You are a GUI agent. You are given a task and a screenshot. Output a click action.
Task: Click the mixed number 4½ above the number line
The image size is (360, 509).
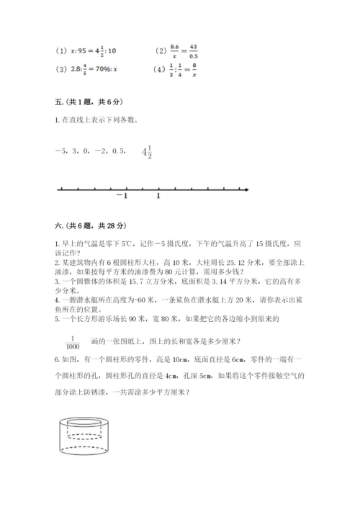point(147,152)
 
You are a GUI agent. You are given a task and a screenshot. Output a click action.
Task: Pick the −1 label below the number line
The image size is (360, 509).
point(122,195)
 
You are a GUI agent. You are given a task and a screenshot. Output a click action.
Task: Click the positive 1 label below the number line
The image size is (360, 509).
point(158,195)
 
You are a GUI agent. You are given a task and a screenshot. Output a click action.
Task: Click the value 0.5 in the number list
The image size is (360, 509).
point(120,151)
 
